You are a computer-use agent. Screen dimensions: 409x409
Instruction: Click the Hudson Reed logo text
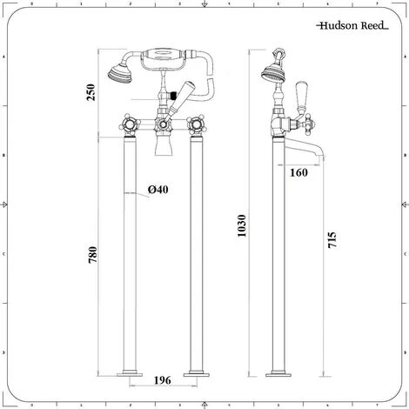click(x=352, y=25)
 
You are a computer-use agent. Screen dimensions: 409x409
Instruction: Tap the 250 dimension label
click(x=91, y=92)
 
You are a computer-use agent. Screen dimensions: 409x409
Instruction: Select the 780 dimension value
click(x=92, y=255)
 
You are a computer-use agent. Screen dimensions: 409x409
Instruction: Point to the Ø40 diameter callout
click(x=158, y=190)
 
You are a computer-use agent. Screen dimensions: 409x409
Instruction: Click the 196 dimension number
click(x=163, y=380)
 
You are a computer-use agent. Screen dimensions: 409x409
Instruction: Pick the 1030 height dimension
click(x=241, y=225)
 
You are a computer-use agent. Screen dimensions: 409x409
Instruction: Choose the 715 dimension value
click(x=332, y=239)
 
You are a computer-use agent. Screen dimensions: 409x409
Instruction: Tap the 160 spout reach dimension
click(x=298, y=172)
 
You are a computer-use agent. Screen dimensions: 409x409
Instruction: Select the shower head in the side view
click(x=272, y=73)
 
